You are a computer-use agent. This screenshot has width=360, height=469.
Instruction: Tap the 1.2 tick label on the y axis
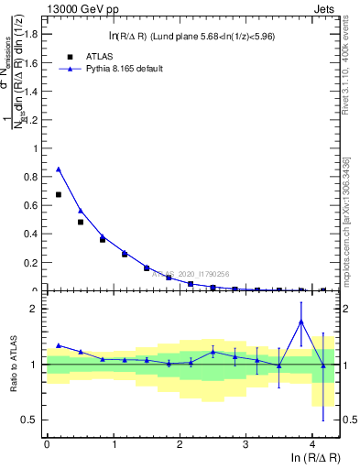pyautogui.click(x=33, y=119)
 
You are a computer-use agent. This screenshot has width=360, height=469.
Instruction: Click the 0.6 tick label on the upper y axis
pyautogui.click(x=33, y=205)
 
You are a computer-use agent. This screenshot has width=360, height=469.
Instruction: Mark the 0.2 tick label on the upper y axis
pyautogui.click(x=33, y=262)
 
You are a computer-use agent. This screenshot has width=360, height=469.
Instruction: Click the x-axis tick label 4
pyautogui.click(x=312, y=444)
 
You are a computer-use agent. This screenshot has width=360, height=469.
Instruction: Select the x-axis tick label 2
pyautogui.click(x=180, y=444)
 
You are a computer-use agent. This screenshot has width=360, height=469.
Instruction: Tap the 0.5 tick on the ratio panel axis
pyautogui.click(x=33, y=420)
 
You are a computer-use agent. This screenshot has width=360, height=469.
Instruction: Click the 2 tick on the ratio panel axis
pyautogui.click(x=37, y=310)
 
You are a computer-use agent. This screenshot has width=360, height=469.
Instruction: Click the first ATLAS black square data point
pyautogui.click(x=59, y=194)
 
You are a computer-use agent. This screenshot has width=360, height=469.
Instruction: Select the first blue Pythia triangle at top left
pyautogui.click(x=59, y=169)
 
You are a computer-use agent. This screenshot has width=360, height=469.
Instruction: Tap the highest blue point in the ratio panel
pyautogui.click(x=300, y=322)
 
